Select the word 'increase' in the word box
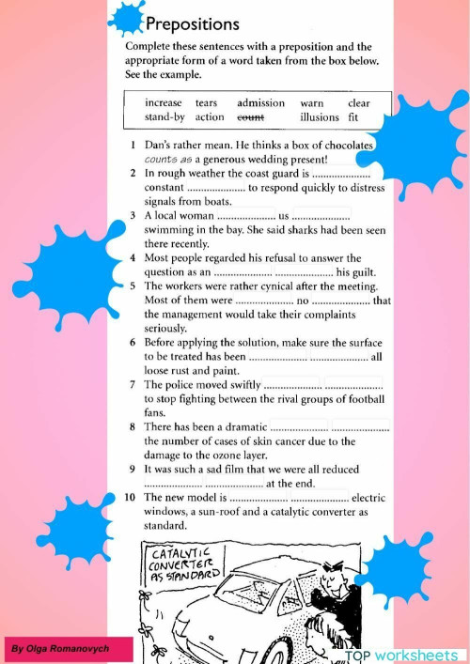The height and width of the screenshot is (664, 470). click(x=164, y=103)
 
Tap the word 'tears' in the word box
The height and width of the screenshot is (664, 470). click(x=206, y=103)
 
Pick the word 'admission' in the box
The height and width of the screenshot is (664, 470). click(x=260, y=103)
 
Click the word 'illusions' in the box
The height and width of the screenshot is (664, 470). click(x=320, y=117)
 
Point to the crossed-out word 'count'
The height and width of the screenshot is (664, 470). click(x=250, y=117)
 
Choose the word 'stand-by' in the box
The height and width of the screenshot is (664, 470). click(x=165, y=117)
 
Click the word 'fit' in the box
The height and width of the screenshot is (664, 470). click(x=353, y=117)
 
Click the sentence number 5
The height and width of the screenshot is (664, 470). click(x=133, y=286)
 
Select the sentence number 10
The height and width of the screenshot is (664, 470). click(x=132, y=497)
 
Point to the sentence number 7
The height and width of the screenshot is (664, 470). click(x=133, y=384)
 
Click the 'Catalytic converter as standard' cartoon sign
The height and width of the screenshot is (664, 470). click(x=184, y=563)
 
